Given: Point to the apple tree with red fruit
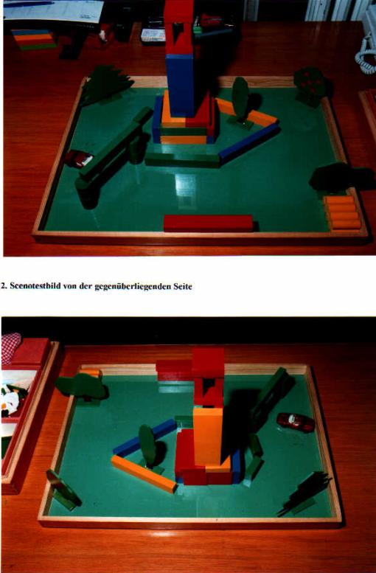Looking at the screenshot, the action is pyautogui.click(x=312, y=86).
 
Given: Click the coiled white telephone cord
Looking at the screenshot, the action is pyautogui.click(x=366, y=55).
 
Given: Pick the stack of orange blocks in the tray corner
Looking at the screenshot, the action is pyautogui.click(x=342, y=212).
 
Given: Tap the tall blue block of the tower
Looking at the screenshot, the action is pyautogui.click(x=180, y=85).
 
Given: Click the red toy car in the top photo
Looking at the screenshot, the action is pyautogui.click(x=79, y=159).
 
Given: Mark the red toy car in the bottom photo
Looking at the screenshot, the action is pyautogui.click(x=296, y=423).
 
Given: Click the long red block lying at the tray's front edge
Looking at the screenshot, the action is pyautogui.click(x=208, y=223).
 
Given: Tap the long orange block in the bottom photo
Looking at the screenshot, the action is pyautogui.click(x=144, y=473).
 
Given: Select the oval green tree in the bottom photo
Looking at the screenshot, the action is pyautogui.click(x=148, y=446).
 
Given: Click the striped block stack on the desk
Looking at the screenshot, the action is pyautogui.click(x=33, y=40).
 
